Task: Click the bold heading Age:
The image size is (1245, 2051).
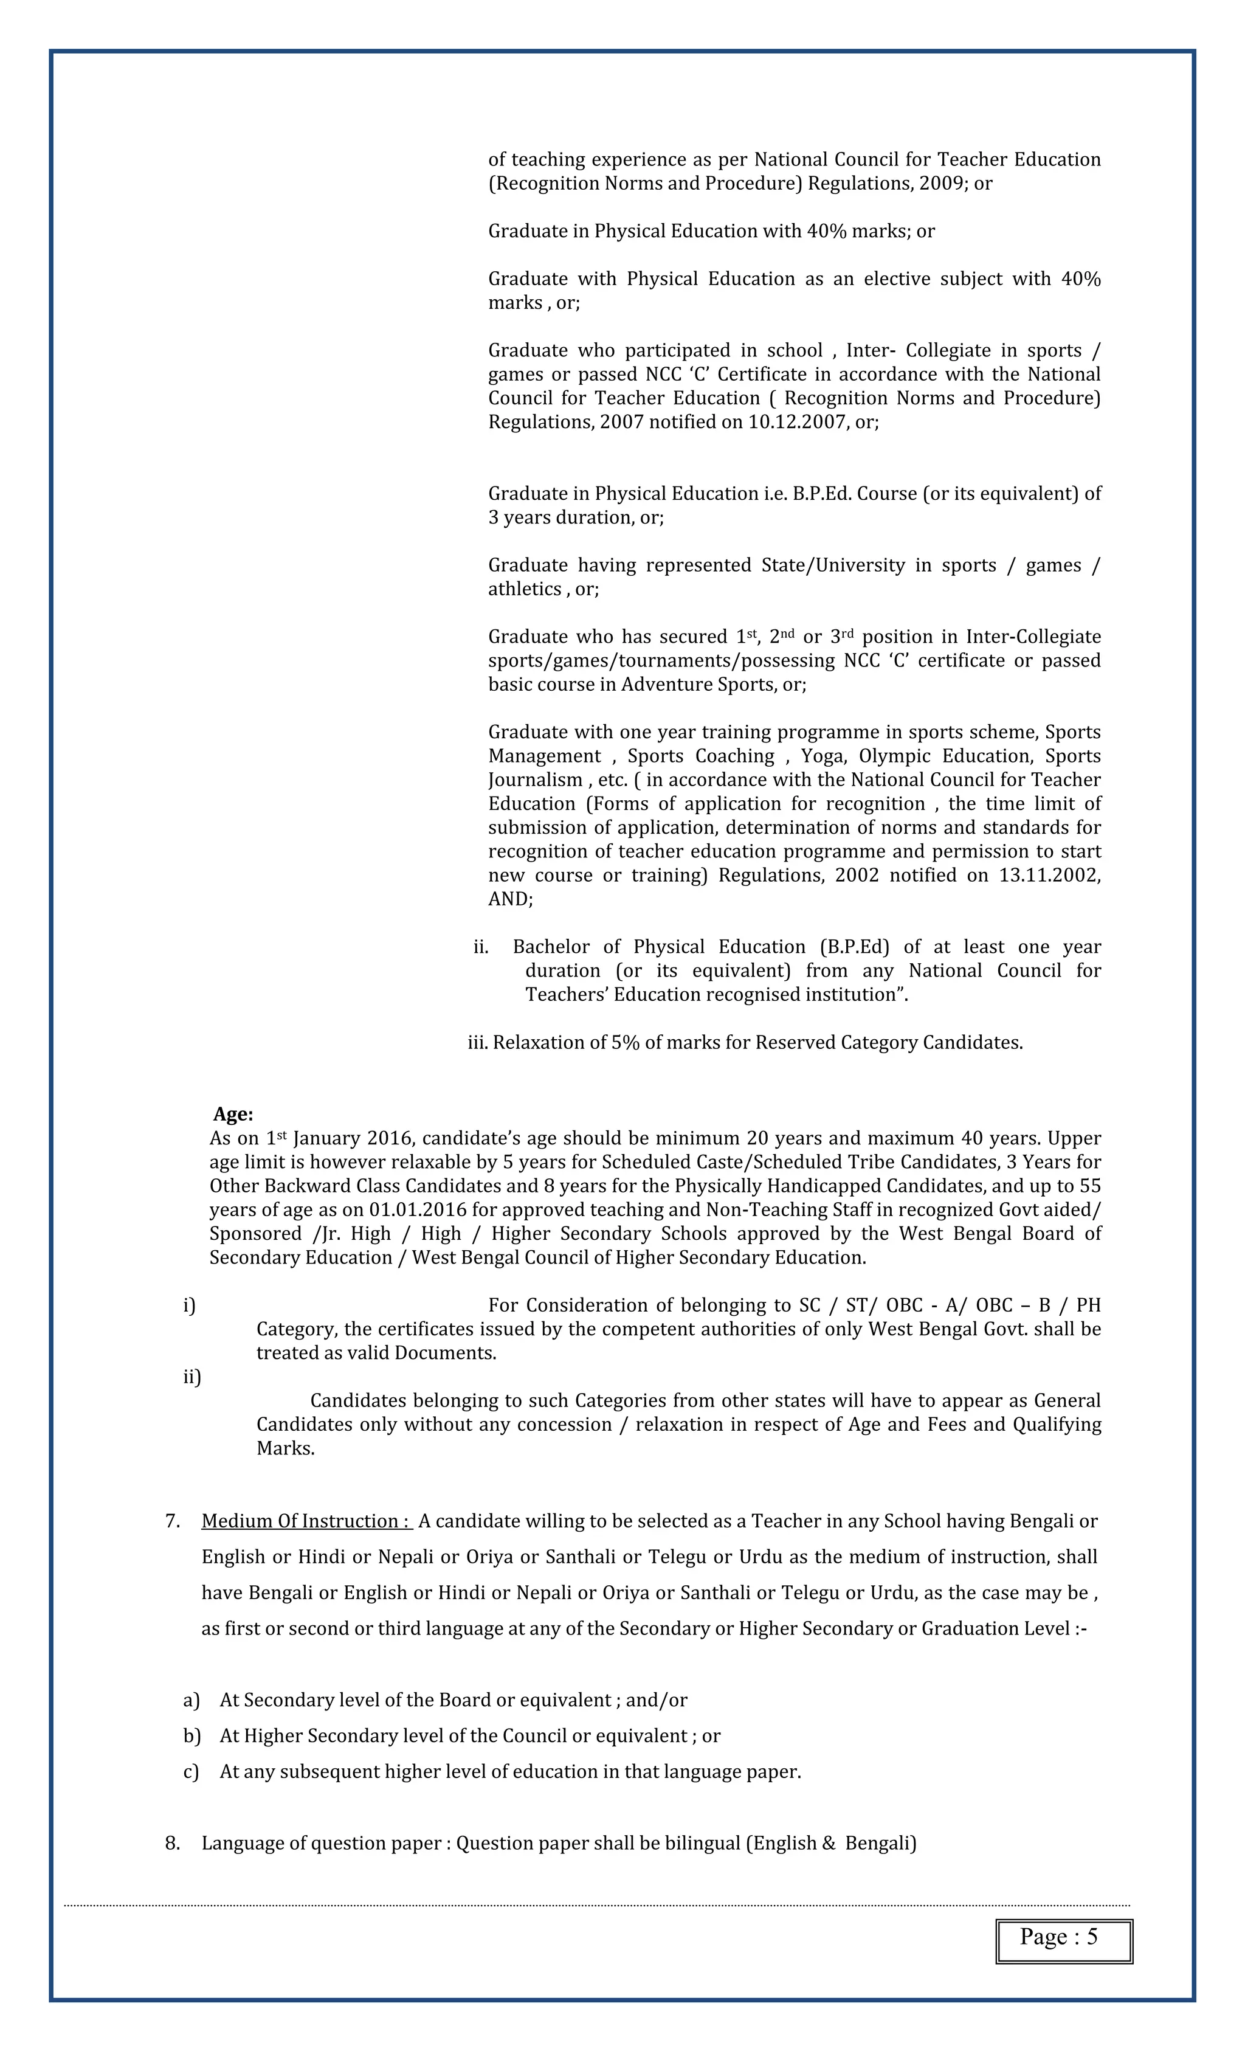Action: coord(233,1114)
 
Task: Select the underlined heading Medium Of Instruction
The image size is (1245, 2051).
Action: coord(306,1521)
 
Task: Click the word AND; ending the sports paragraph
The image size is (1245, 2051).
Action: coord(510,899)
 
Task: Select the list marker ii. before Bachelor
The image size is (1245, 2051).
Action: coord(481,947)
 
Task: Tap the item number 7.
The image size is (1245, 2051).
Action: coord(172,1521)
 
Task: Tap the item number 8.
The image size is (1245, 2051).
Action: coord(172,1843)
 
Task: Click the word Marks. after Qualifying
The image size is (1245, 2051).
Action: coord(286,1448)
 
